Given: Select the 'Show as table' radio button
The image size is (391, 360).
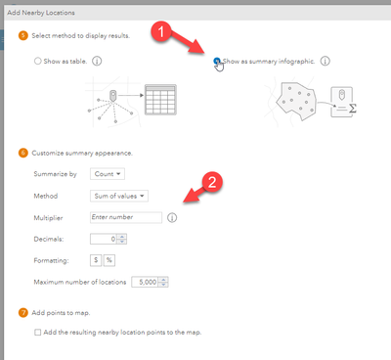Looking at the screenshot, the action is point(38,61).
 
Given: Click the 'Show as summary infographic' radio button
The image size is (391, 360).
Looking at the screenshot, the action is point(216,61).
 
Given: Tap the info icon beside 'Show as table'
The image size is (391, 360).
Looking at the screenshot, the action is point(97,61).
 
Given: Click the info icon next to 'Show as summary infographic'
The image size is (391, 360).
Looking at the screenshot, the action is point(325,61).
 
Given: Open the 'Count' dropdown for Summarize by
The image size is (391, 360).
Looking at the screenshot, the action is point(108,174).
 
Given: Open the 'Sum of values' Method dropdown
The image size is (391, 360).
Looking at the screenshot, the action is point(119,196).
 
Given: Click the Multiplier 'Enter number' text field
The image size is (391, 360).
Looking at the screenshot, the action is point(126,217).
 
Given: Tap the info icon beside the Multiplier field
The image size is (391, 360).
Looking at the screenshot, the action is point(172,217).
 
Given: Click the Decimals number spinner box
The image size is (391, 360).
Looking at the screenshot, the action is point(109,239).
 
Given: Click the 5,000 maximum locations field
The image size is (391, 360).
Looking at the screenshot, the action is point(150,282).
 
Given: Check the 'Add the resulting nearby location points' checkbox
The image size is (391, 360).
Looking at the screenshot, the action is point(38,333).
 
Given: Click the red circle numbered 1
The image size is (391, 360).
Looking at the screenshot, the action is point(160,31).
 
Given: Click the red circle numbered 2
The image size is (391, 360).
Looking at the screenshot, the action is point(212,182).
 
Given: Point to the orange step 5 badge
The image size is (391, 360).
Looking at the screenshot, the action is point(23,35).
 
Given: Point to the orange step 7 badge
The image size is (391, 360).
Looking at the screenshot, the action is point(23,313).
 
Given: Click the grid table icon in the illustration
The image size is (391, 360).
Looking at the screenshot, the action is point(160,100).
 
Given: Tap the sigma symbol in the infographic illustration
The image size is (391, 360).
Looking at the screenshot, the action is point(353,109).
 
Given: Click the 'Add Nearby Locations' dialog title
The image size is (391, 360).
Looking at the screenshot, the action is point(41,13).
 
